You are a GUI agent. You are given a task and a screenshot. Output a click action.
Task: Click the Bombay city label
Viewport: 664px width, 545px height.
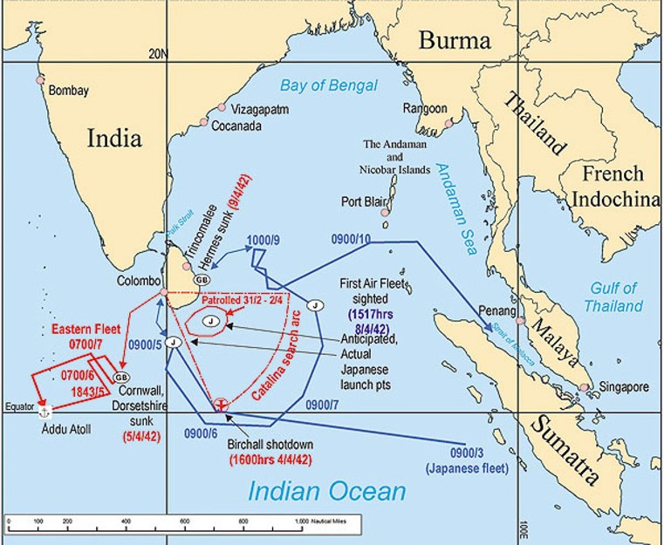click(x=69, y=90)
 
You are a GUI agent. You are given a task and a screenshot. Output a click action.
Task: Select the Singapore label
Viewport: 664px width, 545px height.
click(x=623, y=386)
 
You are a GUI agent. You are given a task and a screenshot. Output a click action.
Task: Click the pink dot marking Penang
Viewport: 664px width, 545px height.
click(x=521, y=321)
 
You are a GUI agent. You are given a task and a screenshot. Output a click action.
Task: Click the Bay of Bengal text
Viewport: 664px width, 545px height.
click(x=329, y=85)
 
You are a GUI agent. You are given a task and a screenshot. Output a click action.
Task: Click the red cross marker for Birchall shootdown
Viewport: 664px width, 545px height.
click(x=222, y=404)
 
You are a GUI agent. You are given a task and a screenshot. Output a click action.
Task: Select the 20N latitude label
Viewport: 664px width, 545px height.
click(x=157, y=54)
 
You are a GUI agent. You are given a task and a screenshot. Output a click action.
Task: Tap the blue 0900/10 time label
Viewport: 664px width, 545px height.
click(x=352, y=239)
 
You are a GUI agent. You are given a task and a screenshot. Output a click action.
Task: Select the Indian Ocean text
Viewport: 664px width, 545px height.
click(x=326, y=491)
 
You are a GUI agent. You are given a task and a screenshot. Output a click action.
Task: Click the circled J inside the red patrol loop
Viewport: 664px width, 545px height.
click(x=210, y=322)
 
